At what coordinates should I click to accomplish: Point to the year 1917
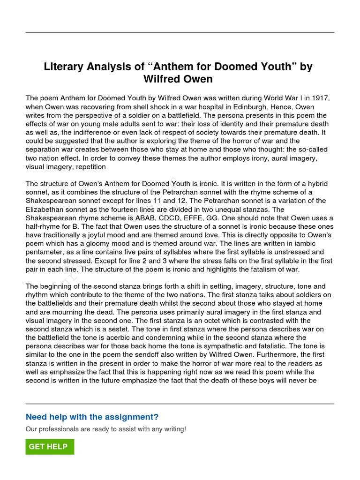click(321, 98)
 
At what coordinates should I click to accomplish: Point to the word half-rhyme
click(44, 226)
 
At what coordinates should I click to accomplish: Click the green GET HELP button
click(50, 447)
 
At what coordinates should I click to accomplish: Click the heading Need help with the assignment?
click(92, 417)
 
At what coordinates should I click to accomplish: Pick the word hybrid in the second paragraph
click(316, 183)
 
